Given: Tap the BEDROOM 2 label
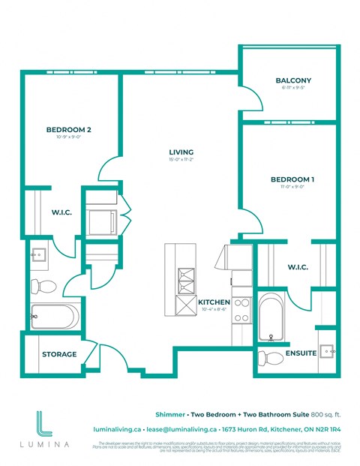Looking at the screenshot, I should pyautogui.click(x=68, y=130).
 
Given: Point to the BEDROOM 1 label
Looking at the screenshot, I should pyautogui.click(x=292, y=179).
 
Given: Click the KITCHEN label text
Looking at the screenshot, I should pyautogui.click(x=214, y=302).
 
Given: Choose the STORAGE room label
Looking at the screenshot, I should pyautogui.click(x=58, y=354).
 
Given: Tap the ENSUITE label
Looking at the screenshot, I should pyautogui.click(x=300, y=352).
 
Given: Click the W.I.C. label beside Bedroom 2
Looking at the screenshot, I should pyautogui.click(x=61, y=212).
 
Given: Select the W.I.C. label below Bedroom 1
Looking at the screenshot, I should pyautogui.click(x=300, y=266).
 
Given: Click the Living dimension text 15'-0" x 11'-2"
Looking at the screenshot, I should pyautogui.click(x=181, y=160).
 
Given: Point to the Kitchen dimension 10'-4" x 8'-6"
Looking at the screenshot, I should pyautogui.click(x=214, y=310).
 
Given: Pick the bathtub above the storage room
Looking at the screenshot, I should pyautogui.click(x=53, y=317).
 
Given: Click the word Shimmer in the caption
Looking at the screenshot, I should pyautogui.click(x=169, y=413).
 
